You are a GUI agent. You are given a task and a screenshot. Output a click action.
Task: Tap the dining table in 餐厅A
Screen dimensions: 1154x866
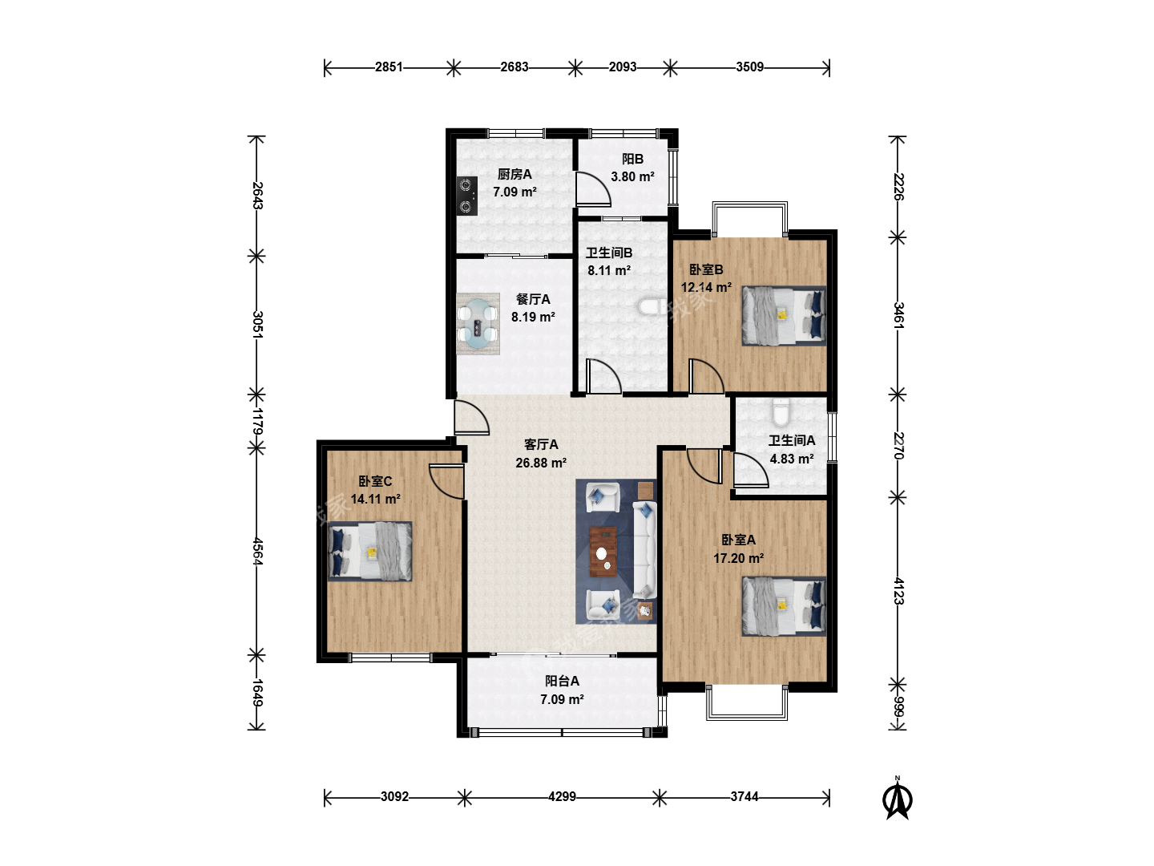point(478,323)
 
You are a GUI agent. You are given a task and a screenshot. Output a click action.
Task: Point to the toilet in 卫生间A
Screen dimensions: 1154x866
point(781,412)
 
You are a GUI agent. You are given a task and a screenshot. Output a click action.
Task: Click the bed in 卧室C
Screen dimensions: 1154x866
point(369,551)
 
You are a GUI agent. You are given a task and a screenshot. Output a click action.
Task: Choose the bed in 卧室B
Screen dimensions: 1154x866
point(783,315)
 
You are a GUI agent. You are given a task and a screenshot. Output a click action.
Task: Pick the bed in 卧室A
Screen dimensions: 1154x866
point(783,606)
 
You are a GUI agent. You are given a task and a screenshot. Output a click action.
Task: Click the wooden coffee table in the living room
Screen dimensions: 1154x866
point(603,552)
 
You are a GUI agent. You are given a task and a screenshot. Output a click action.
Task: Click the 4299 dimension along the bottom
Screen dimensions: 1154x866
point(562,796)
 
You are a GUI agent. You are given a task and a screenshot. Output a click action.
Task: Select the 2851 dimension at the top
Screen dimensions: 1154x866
point(389,67)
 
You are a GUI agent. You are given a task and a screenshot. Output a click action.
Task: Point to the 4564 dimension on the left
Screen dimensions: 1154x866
point(257,551)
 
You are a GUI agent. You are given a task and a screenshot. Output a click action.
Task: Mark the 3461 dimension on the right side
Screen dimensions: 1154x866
point(898,315)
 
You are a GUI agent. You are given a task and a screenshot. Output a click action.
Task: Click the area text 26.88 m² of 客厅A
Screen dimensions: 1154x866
point(541,463)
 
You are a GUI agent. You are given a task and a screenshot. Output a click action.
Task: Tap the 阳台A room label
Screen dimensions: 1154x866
point(562,681)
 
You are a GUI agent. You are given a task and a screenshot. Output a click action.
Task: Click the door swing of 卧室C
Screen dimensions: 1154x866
point(446,481)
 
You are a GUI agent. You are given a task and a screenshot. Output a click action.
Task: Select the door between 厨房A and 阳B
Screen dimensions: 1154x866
point(593,188)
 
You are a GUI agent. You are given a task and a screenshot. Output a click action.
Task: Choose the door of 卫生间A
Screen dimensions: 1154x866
point(751,469)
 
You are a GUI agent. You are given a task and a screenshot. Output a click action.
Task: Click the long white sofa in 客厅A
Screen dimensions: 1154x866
point(644,550)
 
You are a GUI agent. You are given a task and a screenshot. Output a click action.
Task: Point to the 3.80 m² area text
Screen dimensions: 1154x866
point(632,176)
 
